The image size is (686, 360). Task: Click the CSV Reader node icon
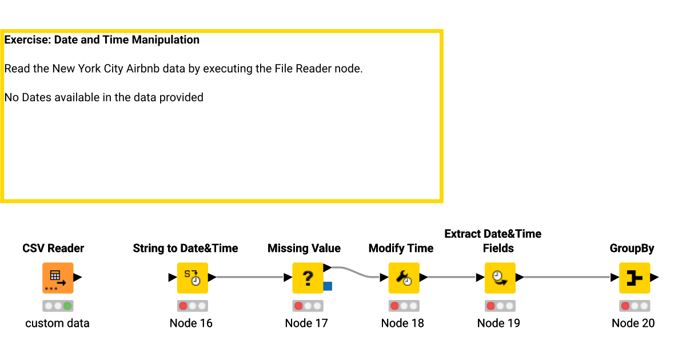click(x=58, y=278)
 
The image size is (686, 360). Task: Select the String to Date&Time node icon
click(x=192, y=278)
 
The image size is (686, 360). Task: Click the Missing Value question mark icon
click(x=308, y=278)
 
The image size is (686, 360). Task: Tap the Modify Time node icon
click(x=404, y=278)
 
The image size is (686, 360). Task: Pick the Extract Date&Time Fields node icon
click(x=500, y=278)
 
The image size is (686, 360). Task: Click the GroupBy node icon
click(x=634, y=278)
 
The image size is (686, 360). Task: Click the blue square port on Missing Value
click(x=328, y=286)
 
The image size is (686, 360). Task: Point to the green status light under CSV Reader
click(x=67, y=306)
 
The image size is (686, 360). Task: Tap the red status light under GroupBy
click(x=625, y=306)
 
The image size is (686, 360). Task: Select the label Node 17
click(x=306, y=323)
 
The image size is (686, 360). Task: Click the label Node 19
click(x=498, y=323)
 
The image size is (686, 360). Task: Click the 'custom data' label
click(x=57, y=323)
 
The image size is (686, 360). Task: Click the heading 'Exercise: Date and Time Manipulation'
click(x=102, y=40)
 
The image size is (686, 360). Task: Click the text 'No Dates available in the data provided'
click(x=103, y=97)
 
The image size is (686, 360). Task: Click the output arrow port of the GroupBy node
click(x=655, y=278)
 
